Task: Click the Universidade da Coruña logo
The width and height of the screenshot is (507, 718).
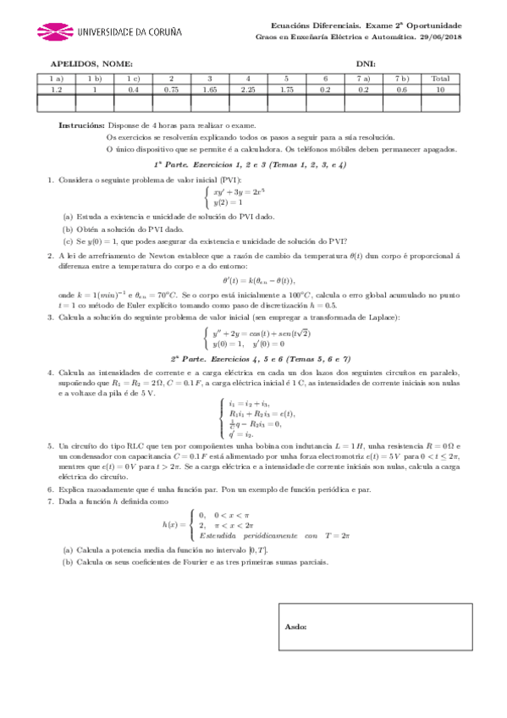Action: point(109,32)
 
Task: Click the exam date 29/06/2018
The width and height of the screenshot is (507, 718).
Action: point(443,36)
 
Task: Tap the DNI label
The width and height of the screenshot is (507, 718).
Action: point(366,64)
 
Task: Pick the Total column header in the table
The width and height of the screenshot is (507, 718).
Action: point(440,79)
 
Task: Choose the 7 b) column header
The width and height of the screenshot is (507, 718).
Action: point(402,79)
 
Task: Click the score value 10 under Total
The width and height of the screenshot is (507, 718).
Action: point(440,88)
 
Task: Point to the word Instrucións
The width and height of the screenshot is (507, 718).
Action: point(81,124)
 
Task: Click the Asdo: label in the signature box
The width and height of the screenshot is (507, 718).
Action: point(296,627)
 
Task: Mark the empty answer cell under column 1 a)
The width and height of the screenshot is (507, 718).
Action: point(57,102)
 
